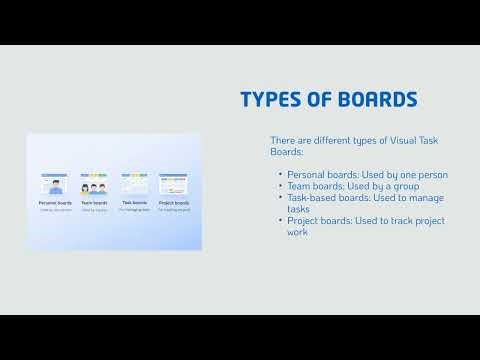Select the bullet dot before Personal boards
click(280, 175)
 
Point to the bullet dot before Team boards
click(280, 185)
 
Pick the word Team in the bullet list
click(298, 185)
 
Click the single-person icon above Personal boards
click(55, 187)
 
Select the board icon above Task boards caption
click(134, 186)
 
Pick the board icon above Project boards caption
click(174, 186)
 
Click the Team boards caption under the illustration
click(95, 202)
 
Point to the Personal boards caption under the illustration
click(55, 202)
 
